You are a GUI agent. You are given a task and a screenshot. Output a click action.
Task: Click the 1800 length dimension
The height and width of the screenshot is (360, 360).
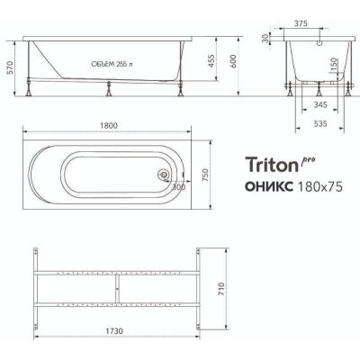pos(108,126)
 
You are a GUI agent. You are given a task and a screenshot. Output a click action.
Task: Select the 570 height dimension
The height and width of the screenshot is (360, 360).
pos(10,68)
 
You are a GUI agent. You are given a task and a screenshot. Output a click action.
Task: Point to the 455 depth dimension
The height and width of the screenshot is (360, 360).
pos(211,61)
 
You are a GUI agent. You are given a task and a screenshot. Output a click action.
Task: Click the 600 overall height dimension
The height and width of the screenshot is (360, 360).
pos(234,61)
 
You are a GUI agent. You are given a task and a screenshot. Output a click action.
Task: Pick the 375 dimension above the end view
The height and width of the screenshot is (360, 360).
pos(301,23)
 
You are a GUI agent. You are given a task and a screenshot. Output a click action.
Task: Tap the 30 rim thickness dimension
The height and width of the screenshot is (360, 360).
pos(265,39)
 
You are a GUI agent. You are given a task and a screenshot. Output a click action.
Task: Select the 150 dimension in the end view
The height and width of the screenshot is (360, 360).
pos(335,64)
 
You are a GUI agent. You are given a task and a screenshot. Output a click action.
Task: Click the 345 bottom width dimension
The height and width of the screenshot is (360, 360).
pos(319,105)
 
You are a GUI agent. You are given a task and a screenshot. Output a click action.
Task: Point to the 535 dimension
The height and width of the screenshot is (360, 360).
pos(319,123)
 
